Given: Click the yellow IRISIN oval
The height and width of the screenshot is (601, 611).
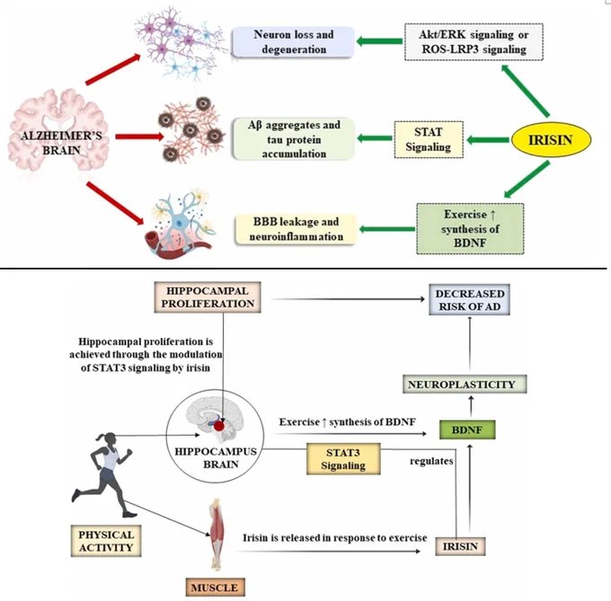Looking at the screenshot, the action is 551,140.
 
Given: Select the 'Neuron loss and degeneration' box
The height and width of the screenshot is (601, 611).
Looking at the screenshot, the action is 293,42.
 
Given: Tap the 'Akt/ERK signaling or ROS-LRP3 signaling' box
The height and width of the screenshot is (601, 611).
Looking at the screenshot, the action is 474,42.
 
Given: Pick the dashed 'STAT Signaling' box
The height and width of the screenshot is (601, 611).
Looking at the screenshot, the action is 429,139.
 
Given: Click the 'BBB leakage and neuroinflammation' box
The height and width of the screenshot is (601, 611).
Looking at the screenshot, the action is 297,229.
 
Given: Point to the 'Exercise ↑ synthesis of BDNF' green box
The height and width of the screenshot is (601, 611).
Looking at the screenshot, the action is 470,229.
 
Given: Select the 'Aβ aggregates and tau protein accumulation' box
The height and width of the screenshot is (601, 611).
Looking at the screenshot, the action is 294,139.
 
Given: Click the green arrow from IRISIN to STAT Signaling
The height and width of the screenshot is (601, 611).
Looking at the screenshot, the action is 488,140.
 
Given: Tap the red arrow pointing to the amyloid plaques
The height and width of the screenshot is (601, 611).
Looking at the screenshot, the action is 140,137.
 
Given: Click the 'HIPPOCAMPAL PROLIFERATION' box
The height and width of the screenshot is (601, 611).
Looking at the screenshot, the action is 208,297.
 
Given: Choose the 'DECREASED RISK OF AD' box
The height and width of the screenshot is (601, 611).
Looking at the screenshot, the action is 470,299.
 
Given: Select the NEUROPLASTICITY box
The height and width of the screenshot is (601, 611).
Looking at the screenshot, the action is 465,384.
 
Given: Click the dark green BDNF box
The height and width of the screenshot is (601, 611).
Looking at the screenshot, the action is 467,430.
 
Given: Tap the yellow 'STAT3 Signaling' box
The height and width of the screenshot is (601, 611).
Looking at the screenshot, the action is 343,459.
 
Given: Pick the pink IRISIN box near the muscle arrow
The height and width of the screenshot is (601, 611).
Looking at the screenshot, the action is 460,546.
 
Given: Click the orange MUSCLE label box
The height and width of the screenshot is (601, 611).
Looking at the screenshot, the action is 215,587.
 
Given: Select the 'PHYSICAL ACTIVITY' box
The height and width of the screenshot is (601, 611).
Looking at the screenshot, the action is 106,541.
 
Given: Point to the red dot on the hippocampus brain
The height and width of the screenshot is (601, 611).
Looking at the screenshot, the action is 219,426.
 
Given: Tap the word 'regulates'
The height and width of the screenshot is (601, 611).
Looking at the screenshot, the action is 431,461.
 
